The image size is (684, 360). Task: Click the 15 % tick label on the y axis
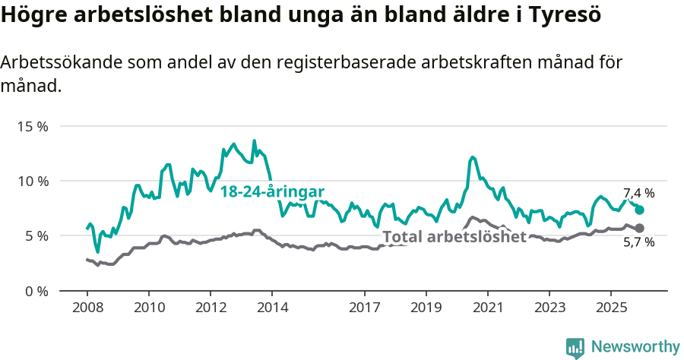33,126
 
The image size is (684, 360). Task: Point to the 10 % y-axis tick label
33,181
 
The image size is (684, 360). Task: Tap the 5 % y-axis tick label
36,236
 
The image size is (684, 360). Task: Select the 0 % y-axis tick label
36,291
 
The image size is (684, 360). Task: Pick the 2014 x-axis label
272,308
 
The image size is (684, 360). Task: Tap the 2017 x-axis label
364,308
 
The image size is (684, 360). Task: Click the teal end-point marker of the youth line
639,210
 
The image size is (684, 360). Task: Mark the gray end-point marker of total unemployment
639,228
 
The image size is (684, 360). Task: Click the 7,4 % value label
638,193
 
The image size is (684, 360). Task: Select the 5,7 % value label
638,243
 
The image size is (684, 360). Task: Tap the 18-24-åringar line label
272,191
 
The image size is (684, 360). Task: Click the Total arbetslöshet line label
454,236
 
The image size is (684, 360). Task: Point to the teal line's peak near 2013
255,141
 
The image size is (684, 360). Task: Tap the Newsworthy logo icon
575,347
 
